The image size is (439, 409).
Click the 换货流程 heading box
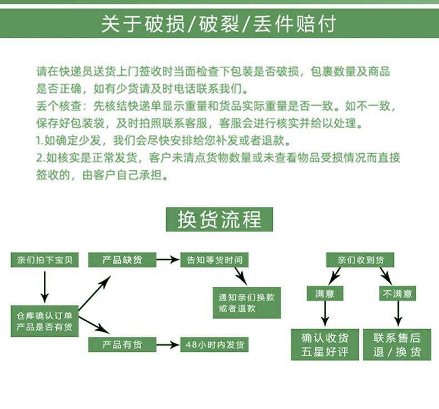pos(219,220)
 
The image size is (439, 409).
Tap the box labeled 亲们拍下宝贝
pos(44,260)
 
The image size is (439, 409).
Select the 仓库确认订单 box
pos(44,321)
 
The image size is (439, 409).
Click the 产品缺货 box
pos(122,259)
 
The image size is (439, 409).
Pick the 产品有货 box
pos(122,345)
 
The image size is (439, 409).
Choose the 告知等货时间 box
pos(214,259)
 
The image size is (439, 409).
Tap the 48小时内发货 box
pos(214,345)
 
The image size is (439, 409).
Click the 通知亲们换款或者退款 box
pos(246,302)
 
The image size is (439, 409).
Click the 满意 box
pos(325,293)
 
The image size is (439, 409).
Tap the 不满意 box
pos(397,293)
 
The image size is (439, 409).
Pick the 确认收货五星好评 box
pos(325,344)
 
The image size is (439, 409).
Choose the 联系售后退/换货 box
pos(397,344)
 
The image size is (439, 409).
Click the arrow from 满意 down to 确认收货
pos(325,314)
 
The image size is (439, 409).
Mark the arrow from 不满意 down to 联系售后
pos(397,314)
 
